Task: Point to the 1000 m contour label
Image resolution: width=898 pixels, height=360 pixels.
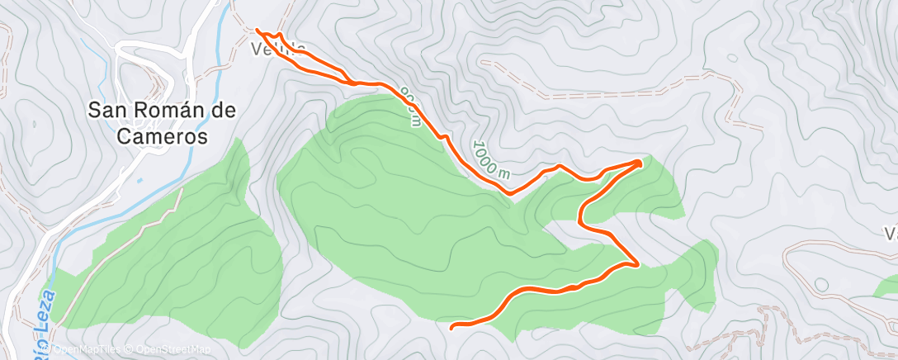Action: [490, 158]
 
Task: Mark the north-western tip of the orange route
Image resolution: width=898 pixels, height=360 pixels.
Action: [258, 30]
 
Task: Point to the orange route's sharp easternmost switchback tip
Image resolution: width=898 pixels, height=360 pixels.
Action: [640, 162]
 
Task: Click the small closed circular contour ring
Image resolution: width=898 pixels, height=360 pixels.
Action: [821, 285]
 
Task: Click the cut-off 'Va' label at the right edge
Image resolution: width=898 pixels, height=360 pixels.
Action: [891, 234]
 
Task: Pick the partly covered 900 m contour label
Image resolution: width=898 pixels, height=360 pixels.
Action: [410, 106]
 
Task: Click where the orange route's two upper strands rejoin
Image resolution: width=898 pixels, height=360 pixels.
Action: [355, 83]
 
